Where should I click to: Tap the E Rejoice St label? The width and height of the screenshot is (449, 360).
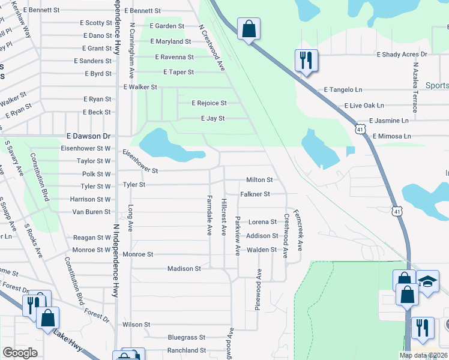tap(209, 103)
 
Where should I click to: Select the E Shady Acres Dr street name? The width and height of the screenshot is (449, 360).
tap(402, 55)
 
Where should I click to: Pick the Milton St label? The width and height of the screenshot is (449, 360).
tap(259, 180)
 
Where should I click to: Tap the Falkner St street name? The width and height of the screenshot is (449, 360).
tap(255, 194)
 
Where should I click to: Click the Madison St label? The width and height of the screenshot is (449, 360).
tap(184, 269)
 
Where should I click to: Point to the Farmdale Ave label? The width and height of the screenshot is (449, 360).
tap(209, 214)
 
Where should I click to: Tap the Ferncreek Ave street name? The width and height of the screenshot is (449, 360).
tap(300, 230)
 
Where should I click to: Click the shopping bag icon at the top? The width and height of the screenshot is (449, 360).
tap(249, 29)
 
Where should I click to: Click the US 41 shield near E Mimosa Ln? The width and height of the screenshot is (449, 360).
tap(360, 129)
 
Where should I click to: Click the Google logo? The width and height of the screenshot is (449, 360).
tap(20, 353)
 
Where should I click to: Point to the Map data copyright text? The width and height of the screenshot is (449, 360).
tap(423, 355)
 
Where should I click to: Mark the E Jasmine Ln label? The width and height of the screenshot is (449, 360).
tap(388, 121)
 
